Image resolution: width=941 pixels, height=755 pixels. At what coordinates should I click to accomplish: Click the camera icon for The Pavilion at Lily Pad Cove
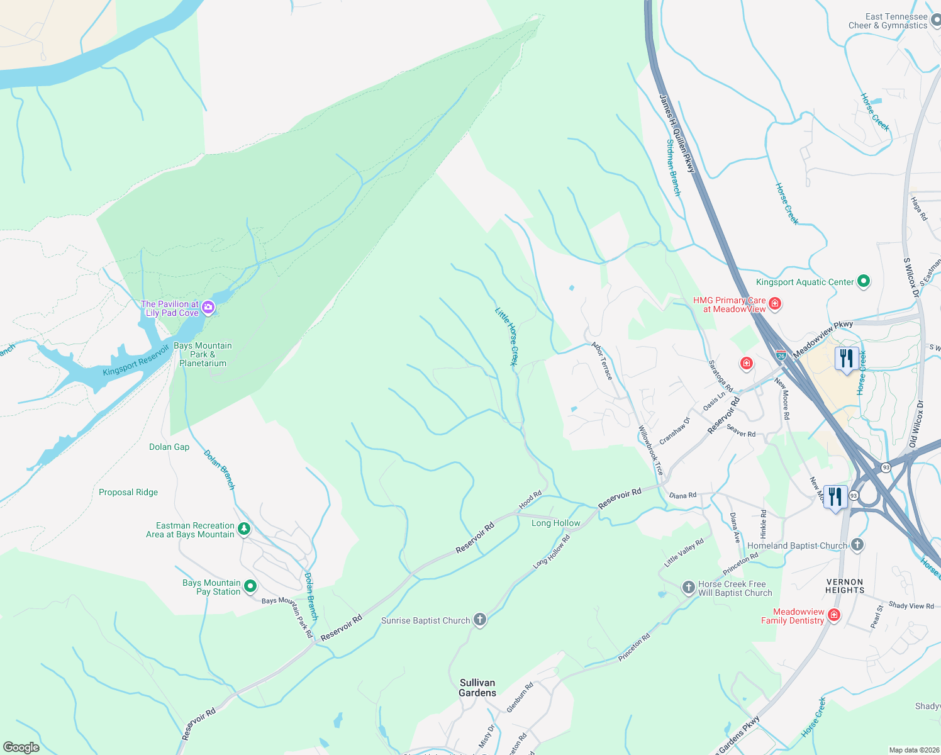pos(208,308)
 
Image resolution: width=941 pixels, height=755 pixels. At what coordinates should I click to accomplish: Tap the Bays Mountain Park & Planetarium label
pos(203,354)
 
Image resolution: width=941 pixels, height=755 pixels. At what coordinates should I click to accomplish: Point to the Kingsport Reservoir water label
pos(136,361)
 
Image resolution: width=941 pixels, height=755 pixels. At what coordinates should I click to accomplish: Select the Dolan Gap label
pos(169,447)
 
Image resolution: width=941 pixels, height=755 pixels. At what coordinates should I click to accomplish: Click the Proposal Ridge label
pos(128,492)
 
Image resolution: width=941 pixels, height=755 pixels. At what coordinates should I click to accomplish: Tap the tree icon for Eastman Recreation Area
pos(244,529)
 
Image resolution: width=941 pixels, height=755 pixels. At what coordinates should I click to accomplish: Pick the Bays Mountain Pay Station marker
pos(250,586)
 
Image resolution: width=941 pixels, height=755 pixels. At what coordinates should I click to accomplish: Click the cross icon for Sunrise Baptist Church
pos(480,620)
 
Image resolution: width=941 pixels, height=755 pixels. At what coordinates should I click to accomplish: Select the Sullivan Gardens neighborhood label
pos(477,688)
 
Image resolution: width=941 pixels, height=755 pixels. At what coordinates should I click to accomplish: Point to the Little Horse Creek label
pos(506,336)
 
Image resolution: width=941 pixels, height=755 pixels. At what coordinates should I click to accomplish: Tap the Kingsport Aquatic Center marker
pos(864,281)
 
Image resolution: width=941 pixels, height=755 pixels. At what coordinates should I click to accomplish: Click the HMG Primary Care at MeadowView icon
pos(775,304)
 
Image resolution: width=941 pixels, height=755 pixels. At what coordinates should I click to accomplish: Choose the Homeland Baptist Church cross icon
pos(857,545)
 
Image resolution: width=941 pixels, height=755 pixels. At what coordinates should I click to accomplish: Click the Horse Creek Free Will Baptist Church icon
pos(689,588)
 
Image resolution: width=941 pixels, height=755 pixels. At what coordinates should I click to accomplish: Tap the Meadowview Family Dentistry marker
pos(834,615)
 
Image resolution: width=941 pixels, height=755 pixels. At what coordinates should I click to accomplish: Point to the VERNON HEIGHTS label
pos(845,586)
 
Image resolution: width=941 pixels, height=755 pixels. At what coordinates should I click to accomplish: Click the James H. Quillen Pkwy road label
pos(677,133)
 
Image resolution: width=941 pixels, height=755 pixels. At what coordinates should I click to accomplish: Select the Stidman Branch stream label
pos(673,167)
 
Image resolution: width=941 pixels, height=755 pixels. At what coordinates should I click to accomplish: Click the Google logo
pos(21,747)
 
